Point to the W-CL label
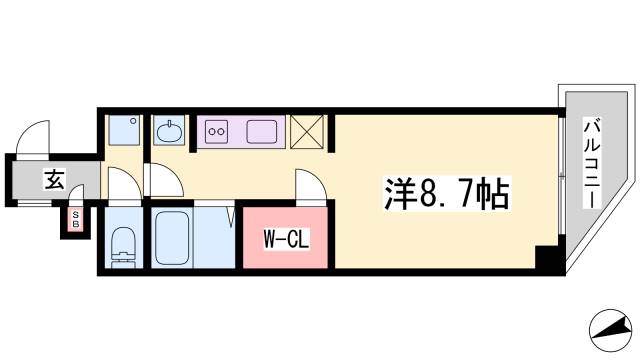coord(285,239)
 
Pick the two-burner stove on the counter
coord(217,130)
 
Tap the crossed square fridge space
coord(307,132)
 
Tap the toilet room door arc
coord(121,184)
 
